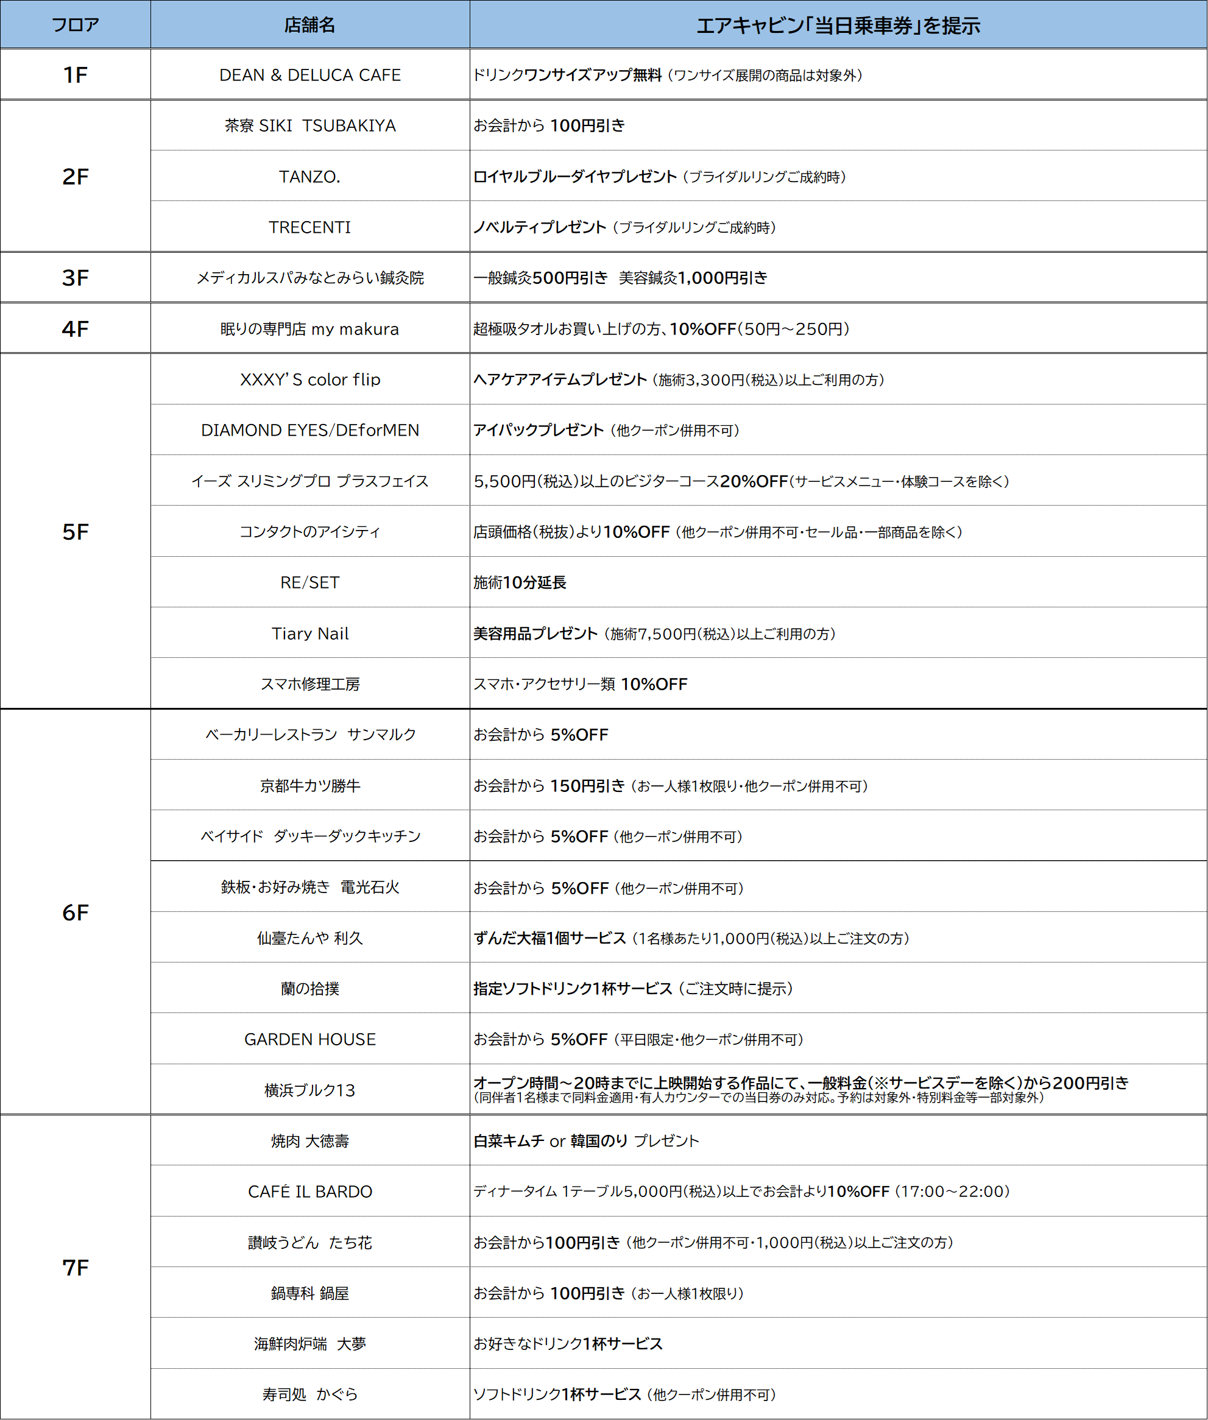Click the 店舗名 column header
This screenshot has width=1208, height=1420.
tap(309, 26)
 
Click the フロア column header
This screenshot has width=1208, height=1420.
tap(76, 26)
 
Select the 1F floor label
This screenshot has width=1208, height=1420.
tap(76, 75)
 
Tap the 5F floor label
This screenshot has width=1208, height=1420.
tap(76, 532)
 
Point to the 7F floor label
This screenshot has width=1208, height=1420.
tap(76, 1267)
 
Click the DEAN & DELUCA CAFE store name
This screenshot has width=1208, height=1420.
tap(309, 76)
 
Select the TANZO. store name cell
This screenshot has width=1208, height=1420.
tap(309, 177)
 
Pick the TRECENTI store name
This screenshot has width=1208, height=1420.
tap(309, 227)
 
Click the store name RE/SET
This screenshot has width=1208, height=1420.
tap(309, 582)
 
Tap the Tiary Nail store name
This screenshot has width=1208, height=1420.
tap(309, 634)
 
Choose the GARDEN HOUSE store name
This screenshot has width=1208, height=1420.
tap(309, 1039)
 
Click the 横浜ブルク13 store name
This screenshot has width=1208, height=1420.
tap(309, 1090)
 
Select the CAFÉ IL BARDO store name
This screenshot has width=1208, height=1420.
tap(309, 1192)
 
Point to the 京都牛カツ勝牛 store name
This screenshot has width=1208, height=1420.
tap(309, 785)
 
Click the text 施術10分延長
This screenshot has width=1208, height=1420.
tap(520, 582)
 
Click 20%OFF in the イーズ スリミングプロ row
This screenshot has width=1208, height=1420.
tap(754, 481)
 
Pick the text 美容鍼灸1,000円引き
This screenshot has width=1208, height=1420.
tap(693, 278)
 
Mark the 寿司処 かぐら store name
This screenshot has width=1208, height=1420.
tap(309, 1394)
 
